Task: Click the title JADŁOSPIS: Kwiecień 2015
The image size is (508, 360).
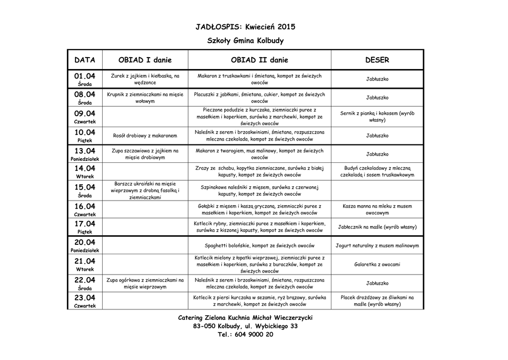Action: point(245,26)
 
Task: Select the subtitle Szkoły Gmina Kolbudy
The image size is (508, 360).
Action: point(245,41)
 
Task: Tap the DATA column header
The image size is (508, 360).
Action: point(85,60)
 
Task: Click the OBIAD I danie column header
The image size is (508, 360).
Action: point(145,60)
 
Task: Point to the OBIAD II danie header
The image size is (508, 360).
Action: point(259,60)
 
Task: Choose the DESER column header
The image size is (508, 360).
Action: point(377,60)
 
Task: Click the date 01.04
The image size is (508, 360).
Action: point(85,76)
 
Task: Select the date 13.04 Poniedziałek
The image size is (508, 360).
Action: point(85,154)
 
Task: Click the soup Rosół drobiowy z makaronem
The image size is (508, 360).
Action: point(145,136)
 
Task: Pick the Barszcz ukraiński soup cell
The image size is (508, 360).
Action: point(145,190)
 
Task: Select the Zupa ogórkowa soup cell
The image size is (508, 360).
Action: point(145,284)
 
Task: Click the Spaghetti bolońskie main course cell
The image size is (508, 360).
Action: point(259,246)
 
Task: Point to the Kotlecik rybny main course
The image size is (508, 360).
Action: point(259,227)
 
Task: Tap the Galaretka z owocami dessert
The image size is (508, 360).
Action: point(377,265)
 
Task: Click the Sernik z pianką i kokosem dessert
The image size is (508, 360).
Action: point(377,117)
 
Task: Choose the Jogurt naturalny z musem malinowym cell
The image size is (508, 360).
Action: point(377,246)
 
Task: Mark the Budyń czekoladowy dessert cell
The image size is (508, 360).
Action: point(377,171)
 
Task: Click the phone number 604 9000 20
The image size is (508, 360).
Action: point(246,335)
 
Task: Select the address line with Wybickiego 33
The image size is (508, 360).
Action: point(246,326)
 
